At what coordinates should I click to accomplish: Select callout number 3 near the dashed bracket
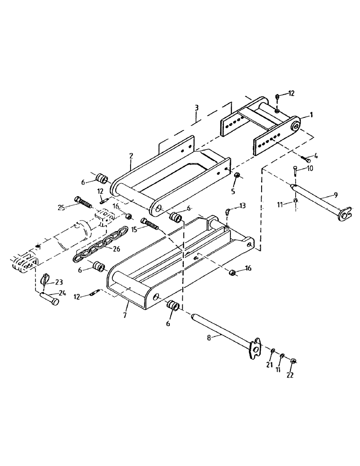pos(197,107)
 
